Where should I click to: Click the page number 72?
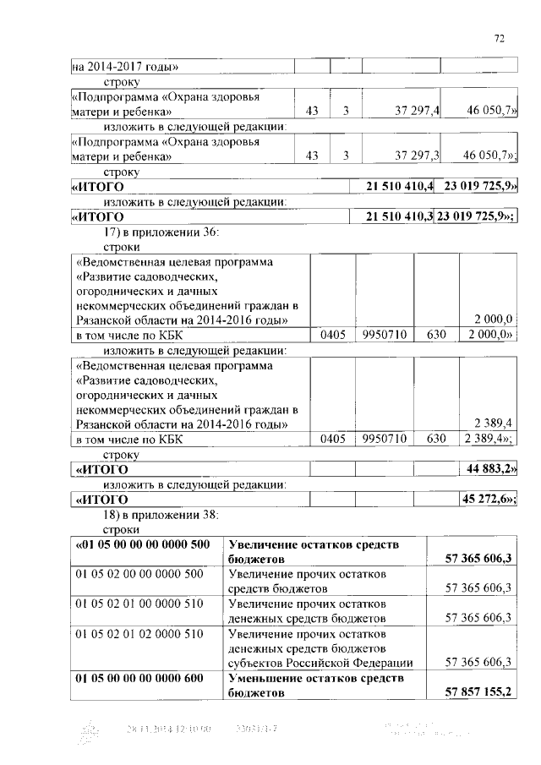(x=499, y=38)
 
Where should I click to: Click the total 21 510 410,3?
(x=398, y=217)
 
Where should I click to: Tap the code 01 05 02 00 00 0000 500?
(x=139, y=574)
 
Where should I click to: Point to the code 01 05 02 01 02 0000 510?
(x=139, y=633)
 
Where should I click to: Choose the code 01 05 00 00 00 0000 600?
(x=139, y=678)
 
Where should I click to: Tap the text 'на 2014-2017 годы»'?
(x=125, y=67)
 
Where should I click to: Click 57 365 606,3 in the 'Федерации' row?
(x=478, y=663)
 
